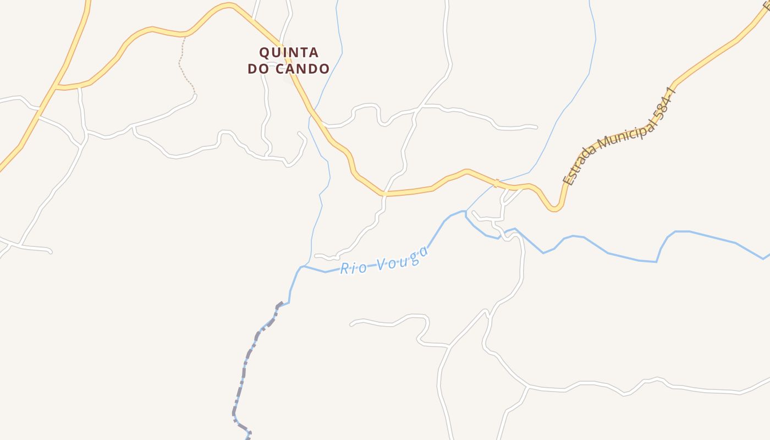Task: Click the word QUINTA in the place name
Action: (289, 53)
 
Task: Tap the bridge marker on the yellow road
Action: (496, 183)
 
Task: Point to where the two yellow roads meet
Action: (57, 86)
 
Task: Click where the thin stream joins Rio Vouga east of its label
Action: (466, 211)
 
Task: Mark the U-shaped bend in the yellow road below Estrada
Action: (555, 209)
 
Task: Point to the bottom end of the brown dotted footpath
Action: (195, 95)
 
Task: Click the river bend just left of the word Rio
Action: (302, 267)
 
